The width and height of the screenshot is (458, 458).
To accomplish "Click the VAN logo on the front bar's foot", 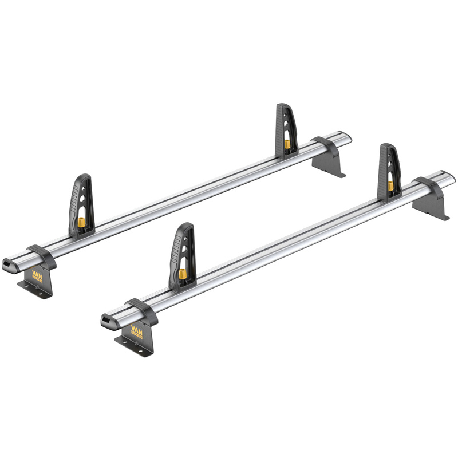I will [x=138, y=330].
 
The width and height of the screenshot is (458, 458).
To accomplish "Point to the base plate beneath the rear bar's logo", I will [x=34, y=286].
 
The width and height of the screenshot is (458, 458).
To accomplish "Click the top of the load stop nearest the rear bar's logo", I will [x=84, y=178].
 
